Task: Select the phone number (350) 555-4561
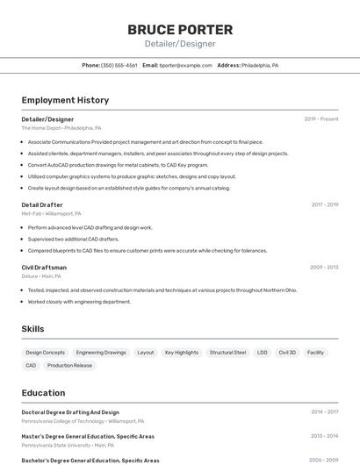(x=119, y=65)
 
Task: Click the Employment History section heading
(x=65, y=100)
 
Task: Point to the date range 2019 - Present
(x=320, y=118)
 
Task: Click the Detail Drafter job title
(x=42, y=204)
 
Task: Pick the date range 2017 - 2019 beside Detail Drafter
(x=324, y=204)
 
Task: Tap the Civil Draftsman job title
(x=44, y=267)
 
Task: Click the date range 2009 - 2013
(x=324, y=267)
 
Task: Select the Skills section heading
(x=32, y=329)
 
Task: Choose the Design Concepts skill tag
(x=45, y=353)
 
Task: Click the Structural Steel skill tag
(x=227, y=353)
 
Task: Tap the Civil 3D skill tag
(x=287, y=353)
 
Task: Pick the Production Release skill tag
(x=69, y=365)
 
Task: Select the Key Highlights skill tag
(x=182, y=353)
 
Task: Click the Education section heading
(x=43, y=393)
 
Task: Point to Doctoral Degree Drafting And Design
(x=70, y=411)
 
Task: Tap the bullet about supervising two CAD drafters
(x=73, y=239)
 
